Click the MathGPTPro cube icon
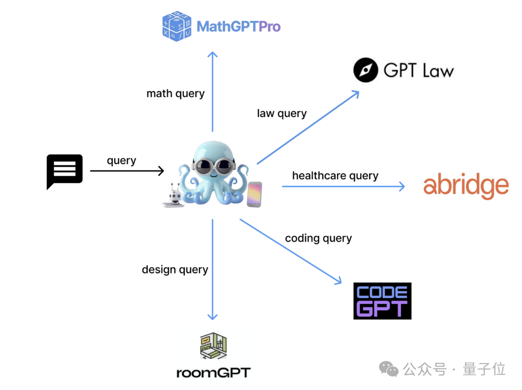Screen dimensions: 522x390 (x=177, y=26)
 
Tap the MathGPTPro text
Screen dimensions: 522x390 (x=239, y=27)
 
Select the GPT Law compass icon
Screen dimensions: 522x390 (x=365, y=70)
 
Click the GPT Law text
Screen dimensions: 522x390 (x=419, y=70)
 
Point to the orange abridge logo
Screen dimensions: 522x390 (x=466, y=186)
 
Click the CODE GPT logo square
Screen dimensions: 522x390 (x=382, y=301)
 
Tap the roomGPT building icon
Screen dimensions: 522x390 (x=213, y=346)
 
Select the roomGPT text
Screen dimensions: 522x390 (x=213, y=373)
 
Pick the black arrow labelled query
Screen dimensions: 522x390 (x=127, y=171)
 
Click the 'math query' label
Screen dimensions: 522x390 (x=176, y=94)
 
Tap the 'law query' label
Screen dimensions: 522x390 (x=281, y=114)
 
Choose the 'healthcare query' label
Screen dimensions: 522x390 (x=335, y=176)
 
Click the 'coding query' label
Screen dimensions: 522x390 (x=318, y=238)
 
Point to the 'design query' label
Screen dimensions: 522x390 (x=175, y=270)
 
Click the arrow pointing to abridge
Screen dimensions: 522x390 (x=343, y=186)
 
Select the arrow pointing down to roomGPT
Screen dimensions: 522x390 (x=212, y=270)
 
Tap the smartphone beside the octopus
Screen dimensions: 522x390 (x=254, y=195)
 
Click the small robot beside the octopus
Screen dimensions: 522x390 (x=174, y=196)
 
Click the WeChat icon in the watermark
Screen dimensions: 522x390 (x=388, y=369)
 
